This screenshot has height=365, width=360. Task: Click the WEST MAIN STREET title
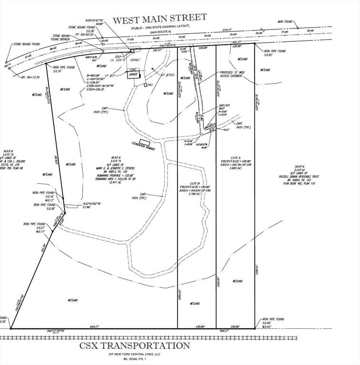(x=160, y=19)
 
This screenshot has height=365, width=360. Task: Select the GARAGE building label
(x=134, y=75)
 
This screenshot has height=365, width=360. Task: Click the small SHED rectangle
(x=146, y=85)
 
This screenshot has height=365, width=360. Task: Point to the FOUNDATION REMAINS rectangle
(x=145, y=142)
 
